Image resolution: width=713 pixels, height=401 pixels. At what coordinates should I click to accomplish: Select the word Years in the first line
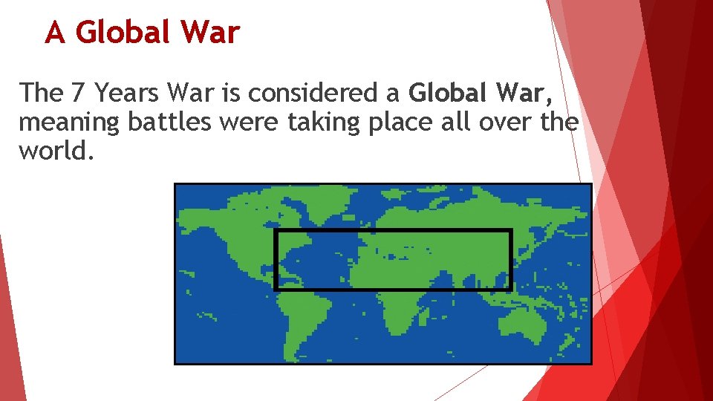pyautogui.click(x=127, y=93)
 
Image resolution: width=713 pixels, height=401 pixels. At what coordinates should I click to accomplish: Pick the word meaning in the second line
pyautogui.click(x=68, y=122)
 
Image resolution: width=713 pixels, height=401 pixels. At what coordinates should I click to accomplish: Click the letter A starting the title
pyautogui.click(x=54, y=33)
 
